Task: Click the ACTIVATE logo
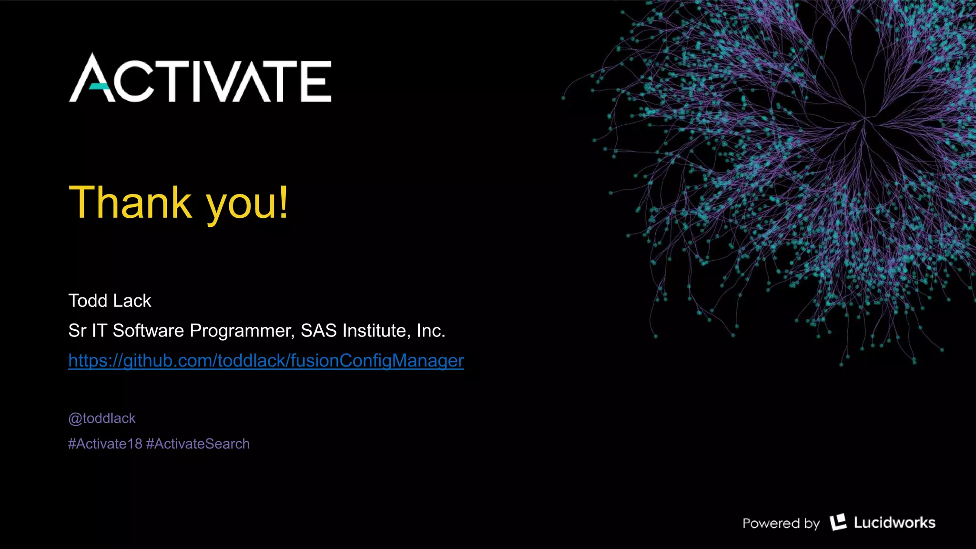(200, 79)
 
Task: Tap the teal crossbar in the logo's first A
(99, 86)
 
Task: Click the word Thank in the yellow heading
(130, 203)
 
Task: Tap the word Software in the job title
(148, 331)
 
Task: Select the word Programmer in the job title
(242, 331)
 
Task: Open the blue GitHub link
(266, 361)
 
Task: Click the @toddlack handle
(102, 418)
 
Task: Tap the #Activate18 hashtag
(105, 444)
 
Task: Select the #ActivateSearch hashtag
(198, 444)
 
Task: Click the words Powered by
(781, 523)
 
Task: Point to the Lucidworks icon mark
(838, 522)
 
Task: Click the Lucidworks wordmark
(895, 523)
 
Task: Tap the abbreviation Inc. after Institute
(431, 331)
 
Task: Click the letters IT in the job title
(99, 331)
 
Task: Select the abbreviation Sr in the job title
(77, 331)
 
